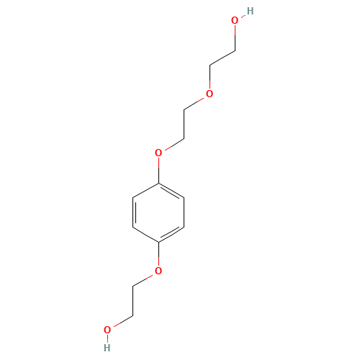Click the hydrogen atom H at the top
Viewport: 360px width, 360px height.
coord(249,11)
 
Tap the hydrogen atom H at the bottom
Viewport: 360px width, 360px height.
coord(107,347)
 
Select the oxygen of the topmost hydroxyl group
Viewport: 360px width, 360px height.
coord(234,21)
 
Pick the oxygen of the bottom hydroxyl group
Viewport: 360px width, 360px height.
coord(107,330)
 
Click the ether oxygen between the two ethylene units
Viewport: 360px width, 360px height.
coord(210,94)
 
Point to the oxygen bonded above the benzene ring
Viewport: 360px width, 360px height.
coord(158,153)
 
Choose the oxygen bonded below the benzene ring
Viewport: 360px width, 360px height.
coord(158,271)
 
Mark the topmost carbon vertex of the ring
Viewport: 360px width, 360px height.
coord(158,182)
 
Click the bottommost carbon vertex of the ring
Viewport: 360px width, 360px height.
coord(158,241)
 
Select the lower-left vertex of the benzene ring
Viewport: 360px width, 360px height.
coord(132,227)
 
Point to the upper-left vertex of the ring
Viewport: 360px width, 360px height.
coord(132,197)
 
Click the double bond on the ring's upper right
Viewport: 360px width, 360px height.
coord(171,190)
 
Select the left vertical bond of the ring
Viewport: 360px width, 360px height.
coord(132,212)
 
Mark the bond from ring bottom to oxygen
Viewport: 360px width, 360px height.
coord(158,254)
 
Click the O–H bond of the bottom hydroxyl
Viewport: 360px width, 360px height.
coord(107,339)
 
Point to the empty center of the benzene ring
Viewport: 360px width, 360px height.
coord(158,212)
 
